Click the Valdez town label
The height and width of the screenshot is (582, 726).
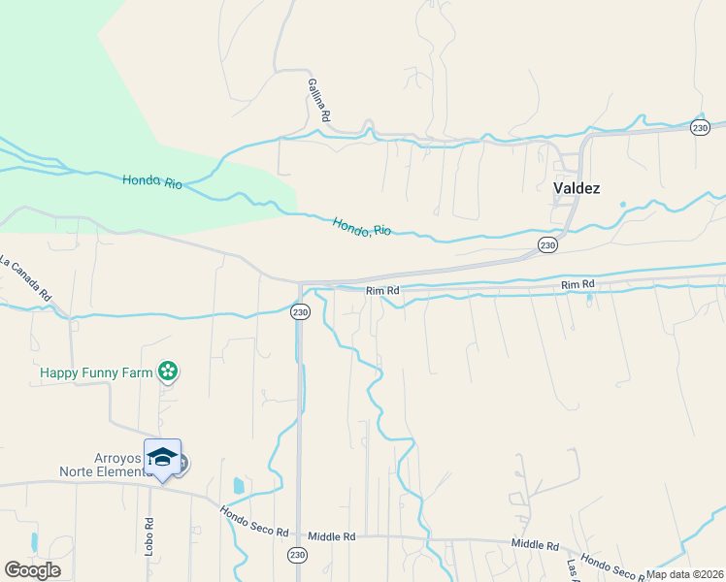tap(577, 188)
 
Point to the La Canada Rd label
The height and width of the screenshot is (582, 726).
tap(26, 276)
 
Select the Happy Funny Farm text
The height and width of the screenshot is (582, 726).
tap(97, 372)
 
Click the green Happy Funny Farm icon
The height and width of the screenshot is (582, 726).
tap(168, 371)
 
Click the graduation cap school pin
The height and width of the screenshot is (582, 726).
tap(162, 457)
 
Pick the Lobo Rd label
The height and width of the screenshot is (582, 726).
tap(150, 535)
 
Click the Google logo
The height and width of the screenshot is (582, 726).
tap(32, 570)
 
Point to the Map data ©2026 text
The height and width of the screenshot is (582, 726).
tap(685, 574)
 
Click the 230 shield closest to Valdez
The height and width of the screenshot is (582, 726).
tap(547, 245)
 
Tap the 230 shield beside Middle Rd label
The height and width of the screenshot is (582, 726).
tap(297, 555)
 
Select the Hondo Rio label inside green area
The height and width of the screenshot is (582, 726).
tap(152, 181)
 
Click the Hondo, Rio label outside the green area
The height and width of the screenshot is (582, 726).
tap(362, 228)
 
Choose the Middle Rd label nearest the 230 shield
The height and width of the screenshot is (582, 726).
tap(332, 536)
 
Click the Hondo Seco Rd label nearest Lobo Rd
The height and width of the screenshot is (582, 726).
tap(254, 521)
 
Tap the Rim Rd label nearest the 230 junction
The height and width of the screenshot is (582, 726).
tap(382, 290)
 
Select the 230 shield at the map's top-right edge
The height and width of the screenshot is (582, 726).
tap(700, 128)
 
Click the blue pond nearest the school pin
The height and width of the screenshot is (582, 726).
tap(239, 485)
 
